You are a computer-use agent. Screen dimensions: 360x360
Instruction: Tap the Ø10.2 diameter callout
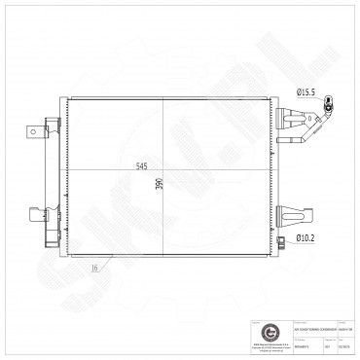click(306, 236)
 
